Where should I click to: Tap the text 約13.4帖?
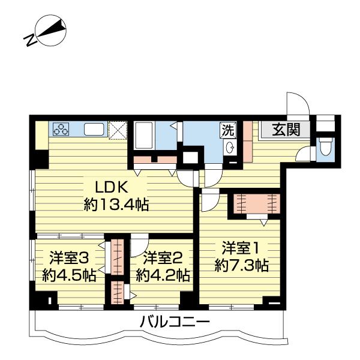click(116, 205)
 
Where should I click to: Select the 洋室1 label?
click(241, 247)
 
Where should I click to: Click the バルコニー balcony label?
click(175, 322)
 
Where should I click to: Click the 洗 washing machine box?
click(227, 130)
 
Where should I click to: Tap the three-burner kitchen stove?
click(62, 129)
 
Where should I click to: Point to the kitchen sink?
click(94, 129)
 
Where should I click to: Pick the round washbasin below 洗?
click(229, 148)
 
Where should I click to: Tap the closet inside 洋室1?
click(256, 204)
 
